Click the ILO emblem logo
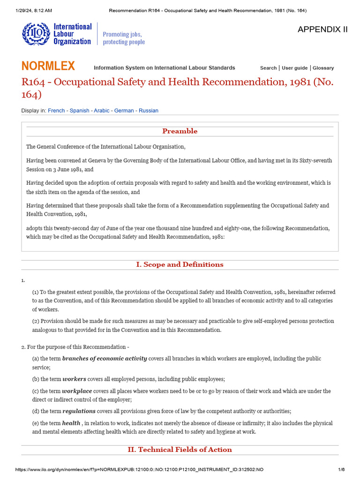point(35,34)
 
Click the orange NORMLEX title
point(48,66)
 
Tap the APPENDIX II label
point(322,30)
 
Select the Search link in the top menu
point(268,68)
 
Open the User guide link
point(294,68)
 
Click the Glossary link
point(323,68)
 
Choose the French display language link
point(56,111)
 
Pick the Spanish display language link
point(79,111)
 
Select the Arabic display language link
point(101,111)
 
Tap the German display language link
point(124,111)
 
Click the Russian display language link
point(148,111)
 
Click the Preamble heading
point(180,131)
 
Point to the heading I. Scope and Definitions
point(180,264)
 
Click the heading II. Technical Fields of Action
point(180,450)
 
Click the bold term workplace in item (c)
point(77,391)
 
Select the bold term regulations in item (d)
point(79,411)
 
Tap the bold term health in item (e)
point(71,423)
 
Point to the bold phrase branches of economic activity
point(105,359)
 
